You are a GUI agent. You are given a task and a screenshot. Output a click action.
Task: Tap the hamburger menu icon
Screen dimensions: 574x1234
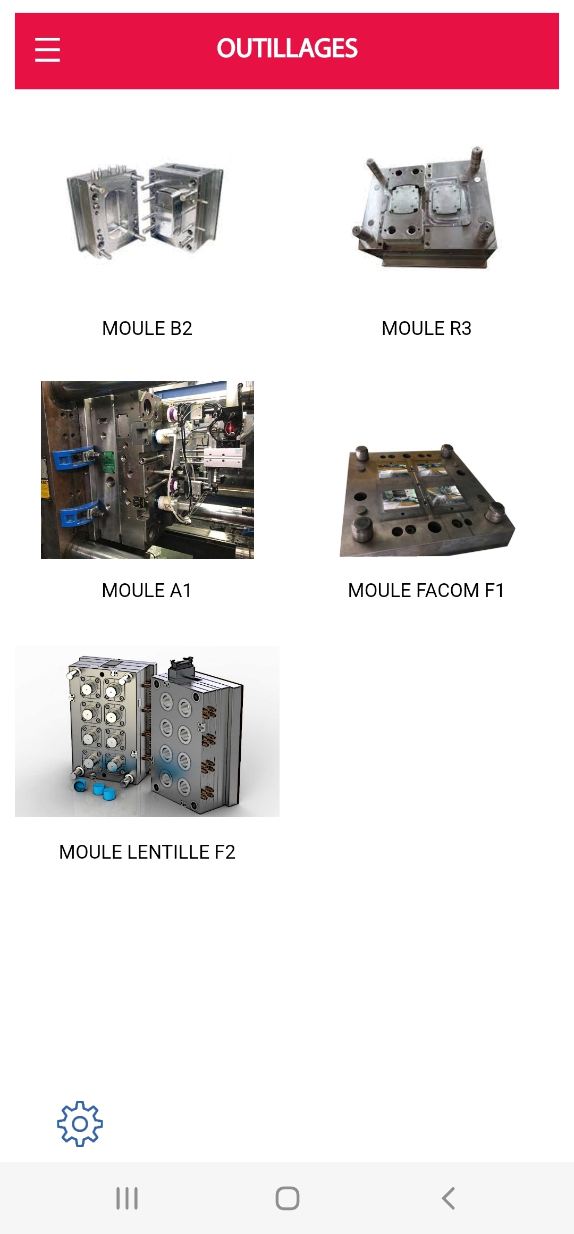47,49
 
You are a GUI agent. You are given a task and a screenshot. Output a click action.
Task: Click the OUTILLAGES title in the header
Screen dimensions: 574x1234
287,48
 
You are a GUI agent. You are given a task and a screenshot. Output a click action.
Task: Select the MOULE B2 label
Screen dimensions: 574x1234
147,329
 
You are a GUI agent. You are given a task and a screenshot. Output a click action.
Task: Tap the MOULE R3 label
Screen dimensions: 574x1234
426,329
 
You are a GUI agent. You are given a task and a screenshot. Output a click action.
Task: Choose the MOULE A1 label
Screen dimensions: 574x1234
147,591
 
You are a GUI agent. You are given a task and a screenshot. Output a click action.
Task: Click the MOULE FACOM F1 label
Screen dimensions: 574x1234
426,591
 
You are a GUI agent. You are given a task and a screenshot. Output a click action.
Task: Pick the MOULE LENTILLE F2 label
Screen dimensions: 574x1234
147,852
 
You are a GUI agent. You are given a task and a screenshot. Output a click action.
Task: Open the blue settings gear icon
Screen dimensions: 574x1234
80,1123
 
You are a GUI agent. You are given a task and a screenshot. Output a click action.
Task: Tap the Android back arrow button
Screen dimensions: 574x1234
449,1198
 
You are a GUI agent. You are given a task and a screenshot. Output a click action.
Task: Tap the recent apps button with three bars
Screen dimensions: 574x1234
127,1198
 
